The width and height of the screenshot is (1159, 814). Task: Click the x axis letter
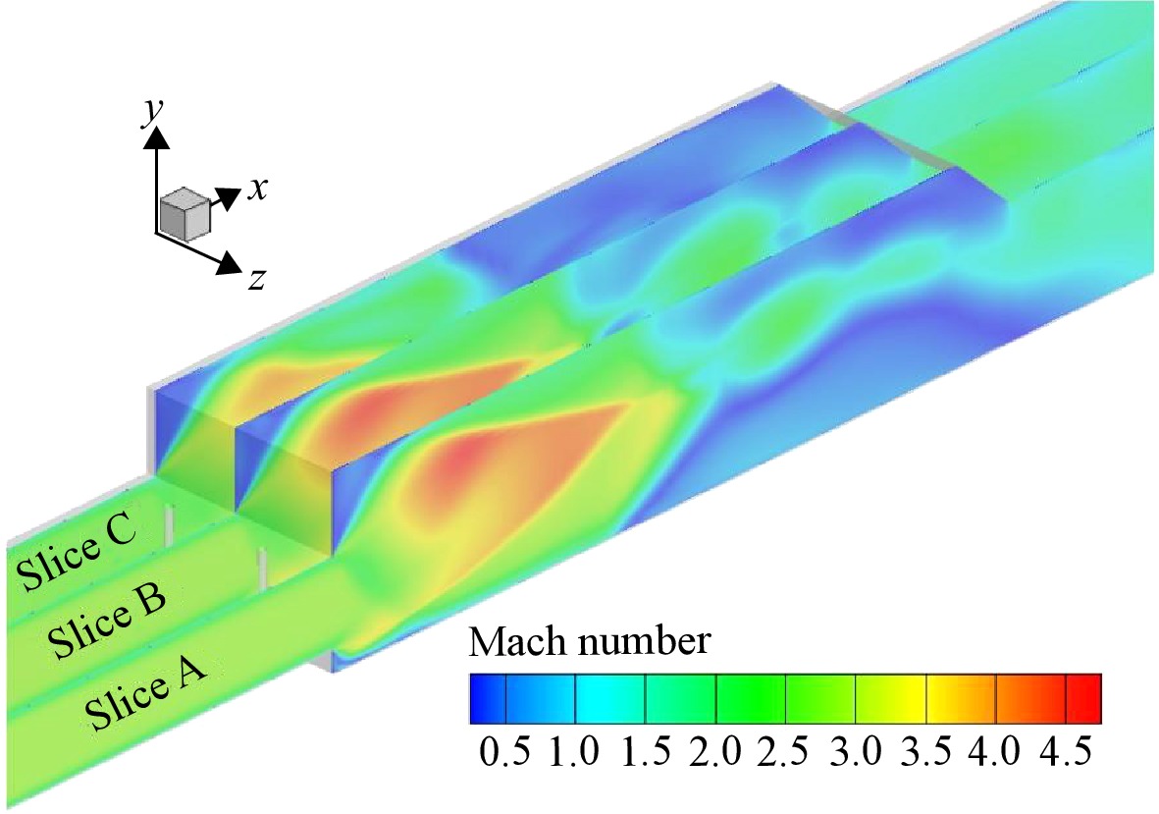point(257,190)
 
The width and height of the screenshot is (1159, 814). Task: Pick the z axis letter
point(256,280)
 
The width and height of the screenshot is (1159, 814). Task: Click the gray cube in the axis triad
point(184,214)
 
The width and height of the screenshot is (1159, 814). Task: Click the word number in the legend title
point(644,641)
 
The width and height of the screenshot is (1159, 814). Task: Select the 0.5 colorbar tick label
point(504,753)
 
